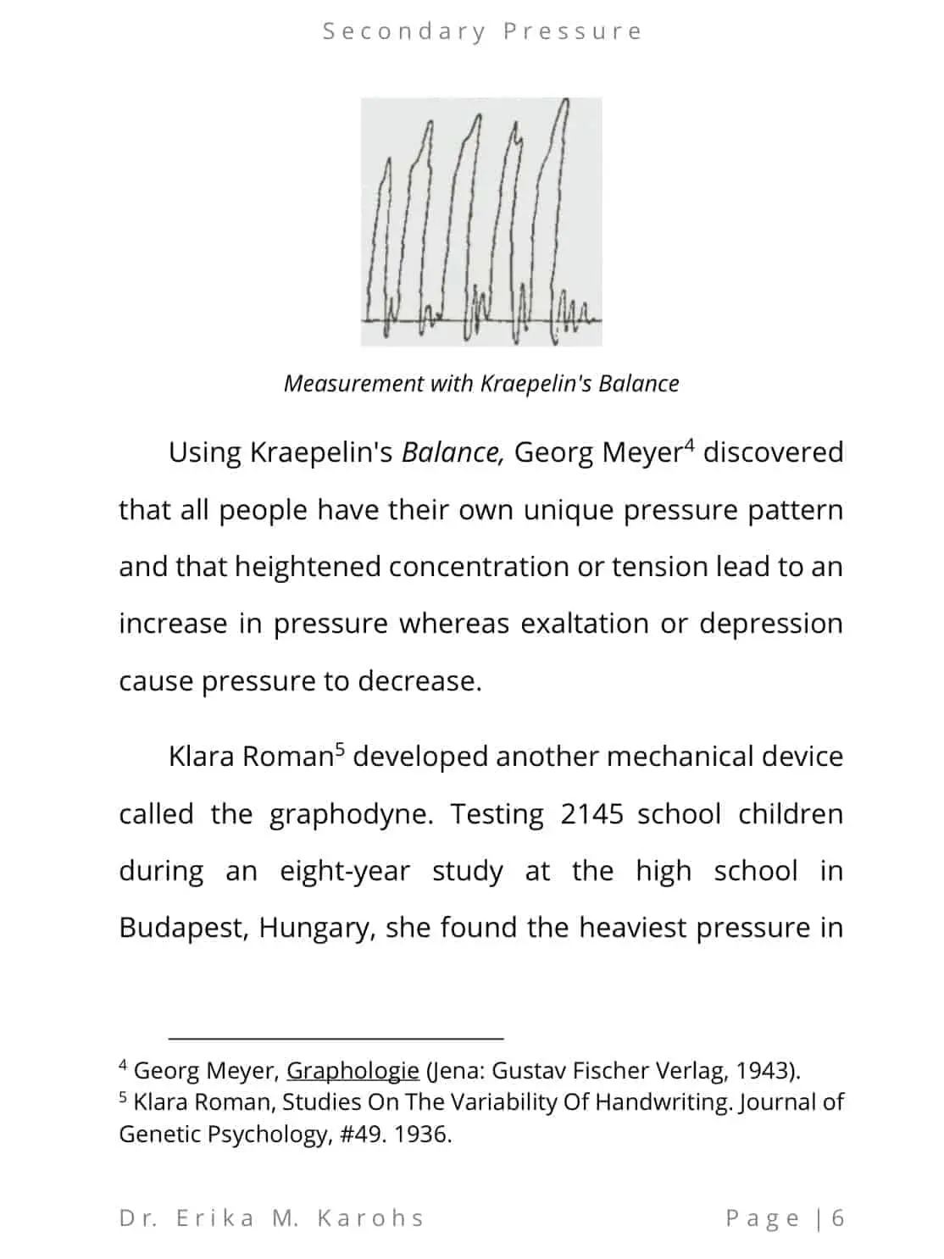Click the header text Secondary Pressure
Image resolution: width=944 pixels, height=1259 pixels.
point(482,31)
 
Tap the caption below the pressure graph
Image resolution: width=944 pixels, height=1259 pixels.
point(481,384)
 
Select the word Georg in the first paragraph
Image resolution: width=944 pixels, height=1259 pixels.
point(554,452)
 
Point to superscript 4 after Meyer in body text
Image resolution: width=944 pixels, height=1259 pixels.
point(689,444)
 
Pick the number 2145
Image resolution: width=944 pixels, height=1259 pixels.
point(591,814)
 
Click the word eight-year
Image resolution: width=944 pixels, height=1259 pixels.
point(345,871)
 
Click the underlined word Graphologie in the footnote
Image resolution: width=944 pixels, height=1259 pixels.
point(353,1071)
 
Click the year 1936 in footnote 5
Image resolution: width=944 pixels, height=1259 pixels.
point(422,1134)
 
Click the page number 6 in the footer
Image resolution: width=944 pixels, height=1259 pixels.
point(838,1218)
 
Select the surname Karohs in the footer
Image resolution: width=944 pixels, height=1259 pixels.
point(370,1218)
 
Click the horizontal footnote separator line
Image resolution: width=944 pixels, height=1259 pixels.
point(336,1037)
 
